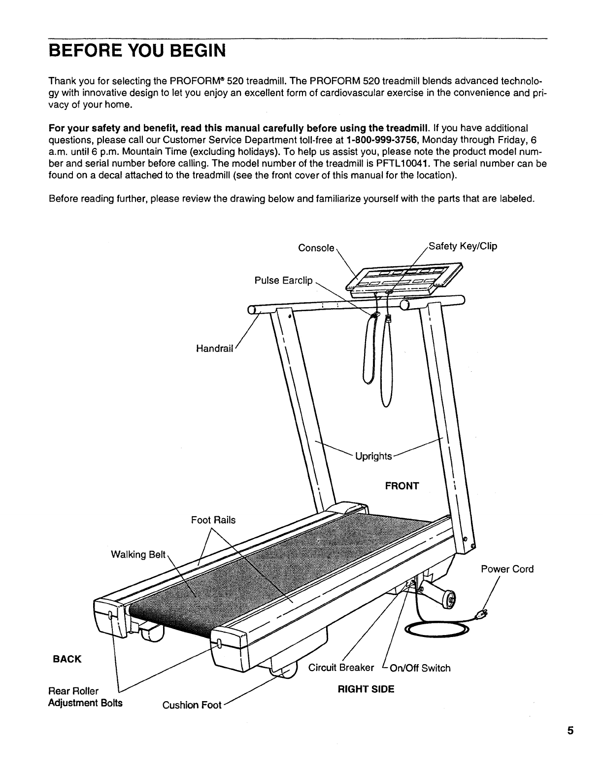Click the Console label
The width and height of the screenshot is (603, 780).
pyautogui.click(x=316, y=248)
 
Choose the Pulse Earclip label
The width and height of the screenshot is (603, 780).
pyautogui.click(x=283, y=281)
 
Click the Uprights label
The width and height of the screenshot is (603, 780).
pyautogui.click(x=373, y=456)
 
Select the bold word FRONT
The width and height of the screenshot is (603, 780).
pyautogui.click(x=402, y=486)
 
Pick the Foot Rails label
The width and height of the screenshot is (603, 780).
pyautogui.click(x=213, y=520)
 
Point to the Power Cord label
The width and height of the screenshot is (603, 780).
pyautogui.click(x=507, y=569)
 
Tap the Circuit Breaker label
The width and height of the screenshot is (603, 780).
pyautogui.click(x=341, y=668)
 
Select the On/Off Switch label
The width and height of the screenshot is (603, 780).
pyautogui.click(x=420, y=668)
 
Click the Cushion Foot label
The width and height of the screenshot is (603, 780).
pyautogui.click(x=192, y=705)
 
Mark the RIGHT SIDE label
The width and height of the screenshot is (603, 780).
pyautogui.click(x=366, y=689)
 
